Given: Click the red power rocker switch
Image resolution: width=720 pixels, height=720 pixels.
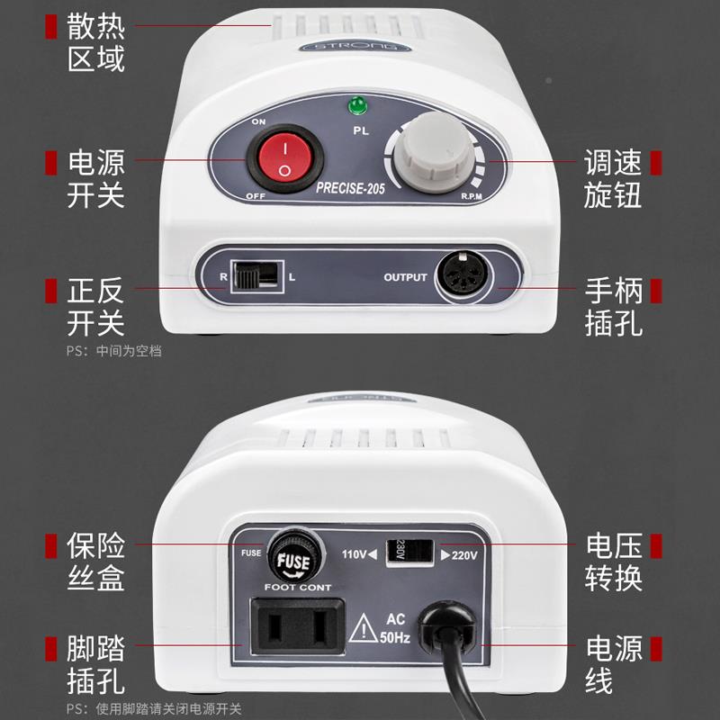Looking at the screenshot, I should (283, 159).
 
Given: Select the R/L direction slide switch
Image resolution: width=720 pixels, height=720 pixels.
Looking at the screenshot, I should (256, 274).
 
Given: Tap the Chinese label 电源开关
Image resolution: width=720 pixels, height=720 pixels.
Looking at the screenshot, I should (96, 178).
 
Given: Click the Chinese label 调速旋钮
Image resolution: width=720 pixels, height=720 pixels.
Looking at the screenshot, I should (613, 178).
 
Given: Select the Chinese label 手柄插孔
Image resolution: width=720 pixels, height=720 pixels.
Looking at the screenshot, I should (613, 306).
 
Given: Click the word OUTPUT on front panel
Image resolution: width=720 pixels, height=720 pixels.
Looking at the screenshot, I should (405, 277).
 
